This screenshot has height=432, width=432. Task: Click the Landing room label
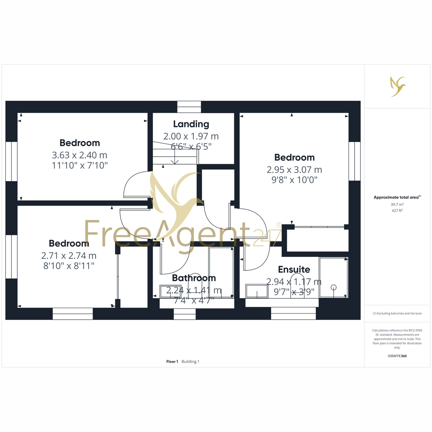click(x=191, y=124)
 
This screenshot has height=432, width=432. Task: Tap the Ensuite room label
click(x=294, y=270)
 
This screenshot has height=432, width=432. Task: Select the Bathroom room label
click(x=194, y=278)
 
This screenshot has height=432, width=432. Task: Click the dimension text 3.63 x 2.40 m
click(x=80, y=155)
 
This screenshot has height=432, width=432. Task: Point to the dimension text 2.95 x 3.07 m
click(x=294, y=170)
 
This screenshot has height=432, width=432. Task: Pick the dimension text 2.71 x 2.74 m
click(x=69, y=256)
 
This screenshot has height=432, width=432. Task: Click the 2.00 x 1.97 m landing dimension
click(x=191, y=136)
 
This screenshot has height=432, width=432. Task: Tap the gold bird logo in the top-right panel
click(x=398, y=86)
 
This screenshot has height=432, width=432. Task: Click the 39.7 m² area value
click(x=397, y=204)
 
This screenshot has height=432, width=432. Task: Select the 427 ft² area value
click(x=397, y=211)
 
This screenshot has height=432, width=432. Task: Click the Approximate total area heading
click(x=397, y=197)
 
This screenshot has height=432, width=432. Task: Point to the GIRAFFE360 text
click(x=397, y=356)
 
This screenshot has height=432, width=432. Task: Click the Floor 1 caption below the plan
click(x=172, y=361)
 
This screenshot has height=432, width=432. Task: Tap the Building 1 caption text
click(x=190, y=361)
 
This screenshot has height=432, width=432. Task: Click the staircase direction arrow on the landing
click(x=175, y=157)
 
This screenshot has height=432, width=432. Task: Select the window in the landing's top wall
click(x=189, y=107)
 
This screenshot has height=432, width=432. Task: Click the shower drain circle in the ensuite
click(x=334, y=287)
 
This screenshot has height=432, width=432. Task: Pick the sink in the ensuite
click(x=257, y=291)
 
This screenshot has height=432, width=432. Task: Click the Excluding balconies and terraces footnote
click(x=397, y=314)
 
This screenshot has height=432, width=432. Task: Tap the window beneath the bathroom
click(x=185, y=314)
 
